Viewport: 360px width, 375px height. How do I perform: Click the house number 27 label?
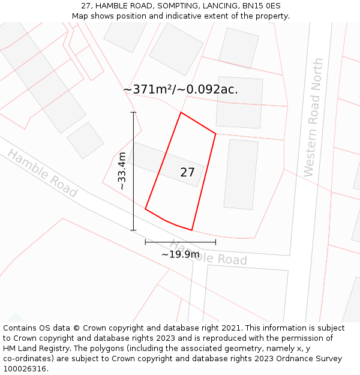[187, 173]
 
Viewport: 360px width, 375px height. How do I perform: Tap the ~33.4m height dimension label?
[122, 171]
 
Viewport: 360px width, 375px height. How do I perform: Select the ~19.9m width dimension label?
[180, 254]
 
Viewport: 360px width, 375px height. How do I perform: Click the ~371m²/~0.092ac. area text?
[181, 89]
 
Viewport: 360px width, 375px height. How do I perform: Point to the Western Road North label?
[313, 118]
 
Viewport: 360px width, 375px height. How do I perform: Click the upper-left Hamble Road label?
[43, 173]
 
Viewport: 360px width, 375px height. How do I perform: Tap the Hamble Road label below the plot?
[208, 253]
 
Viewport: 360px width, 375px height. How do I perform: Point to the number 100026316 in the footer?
[23, 369]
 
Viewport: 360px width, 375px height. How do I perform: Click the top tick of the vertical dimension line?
[133, 112]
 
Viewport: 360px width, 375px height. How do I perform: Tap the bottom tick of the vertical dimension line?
[133, 230]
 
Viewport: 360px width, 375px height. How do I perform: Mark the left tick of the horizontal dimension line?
[145, 242]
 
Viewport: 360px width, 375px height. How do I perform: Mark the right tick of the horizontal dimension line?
[215, 242]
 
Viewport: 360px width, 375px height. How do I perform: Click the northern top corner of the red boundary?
[181, 112]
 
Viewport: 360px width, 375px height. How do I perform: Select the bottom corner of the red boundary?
[191, 230]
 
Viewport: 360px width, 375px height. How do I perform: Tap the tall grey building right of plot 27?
[241, 174]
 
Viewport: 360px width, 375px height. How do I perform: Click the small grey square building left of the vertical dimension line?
[86, 140]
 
